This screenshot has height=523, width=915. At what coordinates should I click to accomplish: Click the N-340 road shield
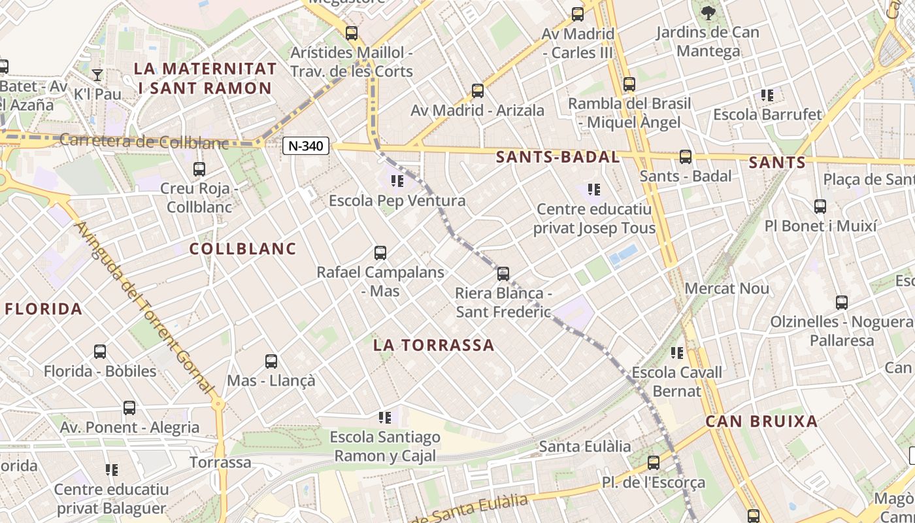click(306, 146)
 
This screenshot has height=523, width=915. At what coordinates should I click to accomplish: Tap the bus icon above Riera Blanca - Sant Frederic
click(503, 274)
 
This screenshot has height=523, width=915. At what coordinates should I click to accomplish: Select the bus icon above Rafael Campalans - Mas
click(380, 253)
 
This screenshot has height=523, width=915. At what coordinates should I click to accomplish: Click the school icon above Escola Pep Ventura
click(397, 181)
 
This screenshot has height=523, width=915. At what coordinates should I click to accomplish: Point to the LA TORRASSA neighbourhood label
click(434, 345)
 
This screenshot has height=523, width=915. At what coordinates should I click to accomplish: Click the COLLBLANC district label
click(243, 248)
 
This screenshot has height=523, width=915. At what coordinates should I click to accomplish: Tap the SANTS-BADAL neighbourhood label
click(557, 157)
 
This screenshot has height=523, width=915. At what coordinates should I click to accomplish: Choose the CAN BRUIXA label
click(761, 422)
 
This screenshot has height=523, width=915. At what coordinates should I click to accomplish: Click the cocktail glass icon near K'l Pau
click(97, 75)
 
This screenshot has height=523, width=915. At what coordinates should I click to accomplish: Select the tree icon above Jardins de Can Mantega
click(708, 12)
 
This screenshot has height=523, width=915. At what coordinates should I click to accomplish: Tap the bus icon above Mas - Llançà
click(271, 362)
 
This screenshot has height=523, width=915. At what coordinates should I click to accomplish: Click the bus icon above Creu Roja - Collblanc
click(199, 169)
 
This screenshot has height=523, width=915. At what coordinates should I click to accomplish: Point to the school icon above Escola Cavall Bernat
click(676, 353)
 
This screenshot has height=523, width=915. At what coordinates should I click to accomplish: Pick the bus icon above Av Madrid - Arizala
click(478, 91)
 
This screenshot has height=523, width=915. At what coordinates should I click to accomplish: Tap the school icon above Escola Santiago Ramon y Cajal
click(385, 417)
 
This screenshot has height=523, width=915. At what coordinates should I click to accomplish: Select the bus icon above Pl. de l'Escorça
click(654, 463)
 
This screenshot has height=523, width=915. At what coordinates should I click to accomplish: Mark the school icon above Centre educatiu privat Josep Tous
click(593, 190)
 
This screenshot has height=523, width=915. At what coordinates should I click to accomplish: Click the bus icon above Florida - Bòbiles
click(100, 352)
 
